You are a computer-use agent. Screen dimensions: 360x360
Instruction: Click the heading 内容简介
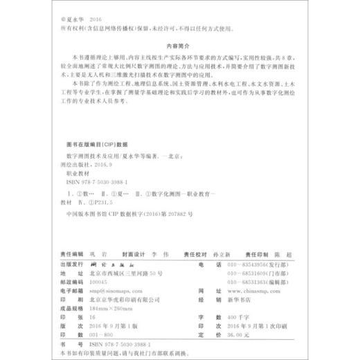(179, 40)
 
